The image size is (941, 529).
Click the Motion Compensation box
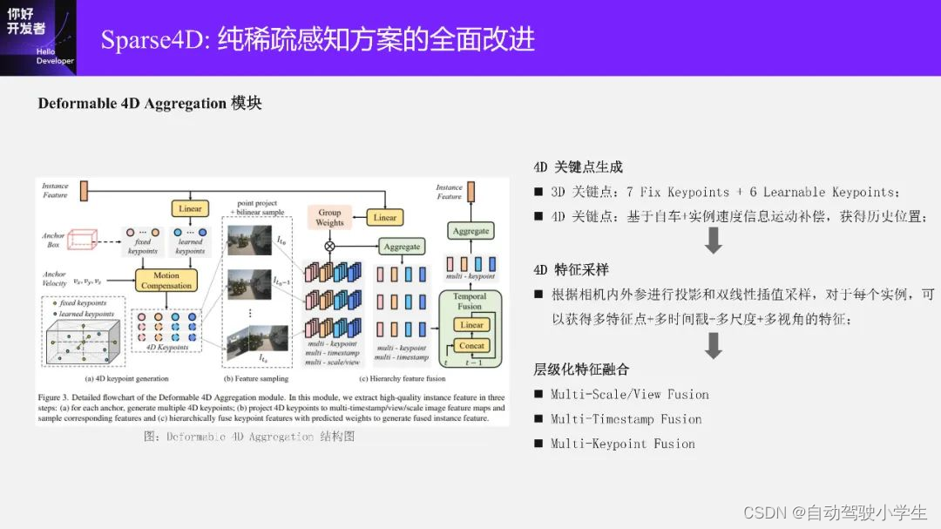point(166,280)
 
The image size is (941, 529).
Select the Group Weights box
point(329,217)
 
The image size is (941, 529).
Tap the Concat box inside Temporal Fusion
point(471,346)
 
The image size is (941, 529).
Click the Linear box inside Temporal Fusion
point(471,324)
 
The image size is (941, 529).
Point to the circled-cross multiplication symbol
point(329,247)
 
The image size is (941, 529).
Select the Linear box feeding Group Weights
point(384,217)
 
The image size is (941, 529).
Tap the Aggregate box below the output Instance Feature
point(470,231)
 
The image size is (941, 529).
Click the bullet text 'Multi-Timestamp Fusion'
point(626,419)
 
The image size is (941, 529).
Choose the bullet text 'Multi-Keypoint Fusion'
point(623,444)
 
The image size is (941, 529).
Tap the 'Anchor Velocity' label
point(55,280)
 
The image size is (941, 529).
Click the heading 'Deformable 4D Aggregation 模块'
point(150,104)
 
